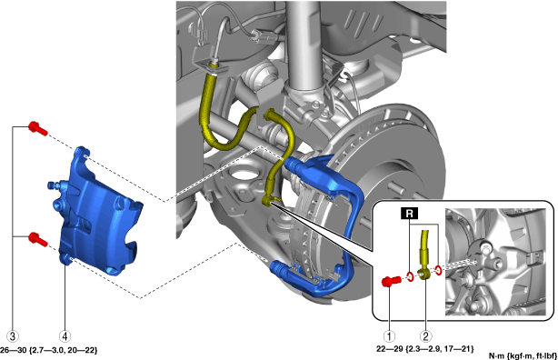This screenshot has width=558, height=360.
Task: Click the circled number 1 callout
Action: [x=389, y=335]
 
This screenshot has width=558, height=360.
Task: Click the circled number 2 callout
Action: [x=426, y=335]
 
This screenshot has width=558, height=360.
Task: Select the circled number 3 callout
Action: [x=13, y=335]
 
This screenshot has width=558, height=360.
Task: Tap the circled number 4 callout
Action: [x=65, y=335]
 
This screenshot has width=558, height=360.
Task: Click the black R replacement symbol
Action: [x=410, y=213]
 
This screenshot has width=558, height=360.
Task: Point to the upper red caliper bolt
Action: [x=38, y=128]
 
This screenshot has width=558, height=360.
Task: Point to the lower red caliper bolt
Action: [x=38, y=238]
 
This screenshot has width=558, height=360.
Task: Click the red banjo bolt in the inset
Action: [x=391, y=281]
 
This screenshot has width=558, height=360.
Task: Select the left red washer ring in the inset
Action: [x=410, y=276]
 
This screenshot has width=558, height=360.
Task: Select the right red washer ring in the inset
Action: [x=438, y=271]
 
